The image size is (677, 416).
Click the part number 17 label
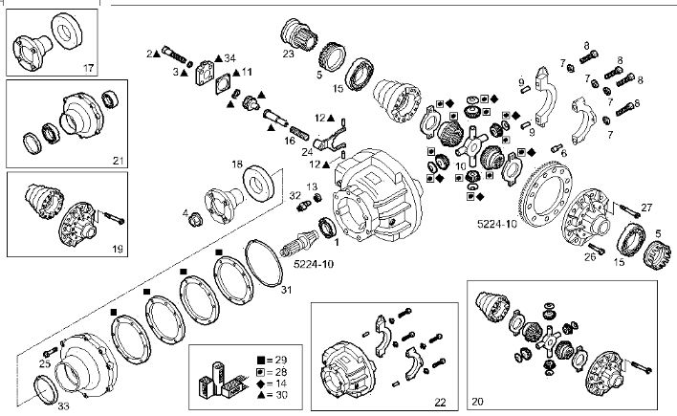click(88, 67)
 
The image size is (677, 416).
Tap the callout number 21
click(118, 160)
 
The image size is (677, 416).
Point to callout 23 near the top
click(288, 55)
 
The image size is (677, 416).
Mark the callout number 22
click(441, 402)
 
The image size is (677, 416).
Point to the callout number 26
click(590, 256)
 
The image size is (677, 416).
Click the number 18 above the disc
click(236, 164)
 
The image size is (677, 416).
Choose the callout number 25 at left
click(43, 364)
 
